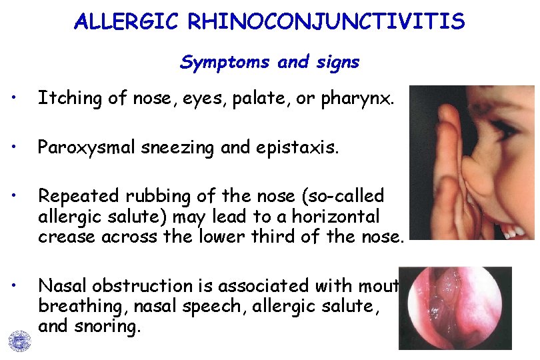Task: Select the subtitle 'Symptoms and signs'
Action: [269, 63]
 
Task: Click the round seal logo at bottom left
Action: [20, 341]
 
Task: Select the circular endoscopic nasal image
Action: [455, 308]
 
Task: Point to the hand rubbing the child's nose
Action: [443, 167]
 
